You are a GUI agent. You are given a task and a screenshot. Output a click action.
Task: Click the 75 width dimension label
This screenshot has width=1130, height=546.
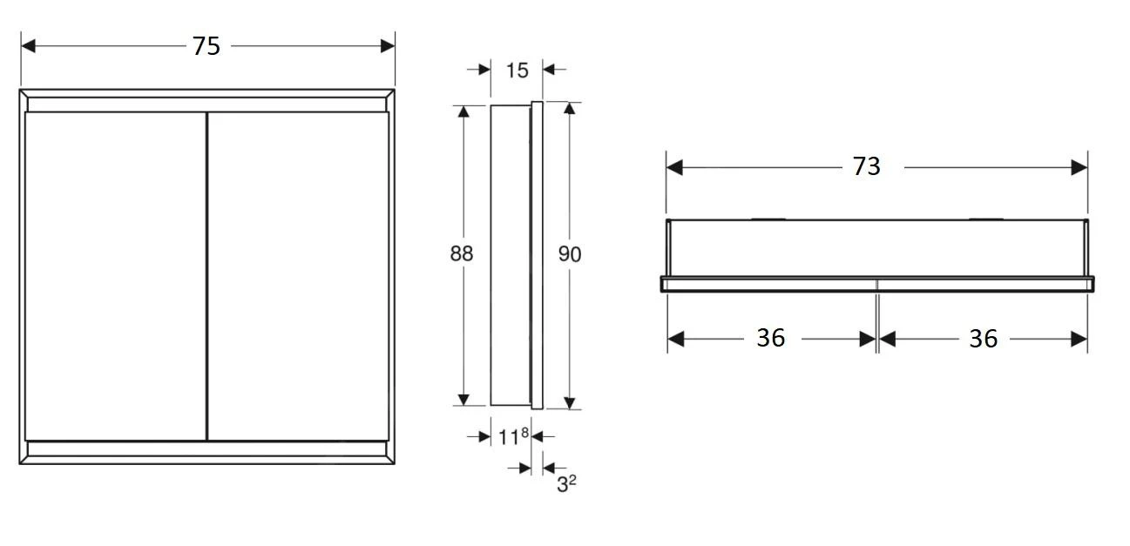pos(206,46)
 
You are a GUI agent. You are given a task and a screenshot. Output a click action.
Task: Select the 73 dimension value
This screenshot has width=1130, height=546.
pos(866,166)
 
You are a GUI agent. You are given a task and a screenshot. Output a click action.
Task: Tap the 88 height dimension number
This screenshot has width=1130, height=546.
pos(462,253)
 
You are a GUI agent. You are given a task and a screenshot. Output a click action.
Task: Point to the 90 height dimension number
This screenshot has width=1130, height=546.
pos(570,254)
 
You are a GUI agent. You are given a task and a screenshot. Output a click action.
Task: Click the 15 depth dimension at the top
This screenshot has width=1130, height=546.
pos(517,70)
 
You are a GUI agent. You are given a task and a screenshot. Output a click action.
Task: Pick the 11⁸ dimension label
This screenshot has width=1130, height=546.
pos(513,436)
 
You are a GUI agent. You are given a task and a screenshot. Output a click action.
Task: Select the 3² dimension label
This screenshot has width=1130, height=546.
pos(566,483)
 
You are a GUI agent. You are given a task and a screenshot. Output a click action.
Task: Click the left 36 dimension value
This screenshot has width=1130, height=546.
pos(770,338)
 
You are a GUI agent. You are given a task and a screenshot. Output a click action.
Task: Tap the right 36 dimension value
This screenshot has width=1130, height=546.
pos(983,339)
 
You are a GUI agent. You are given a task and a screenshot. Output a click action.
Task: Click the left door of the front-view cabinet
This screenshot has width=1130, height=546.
pos(115,275)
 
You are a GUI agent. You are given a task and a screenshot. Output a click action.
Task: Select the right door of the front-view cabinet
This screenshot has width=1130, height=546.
pos(298,275)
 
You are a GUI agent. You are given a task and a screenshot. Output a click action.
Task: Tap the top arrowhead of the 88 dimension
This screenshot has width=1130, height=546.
pos(464,111)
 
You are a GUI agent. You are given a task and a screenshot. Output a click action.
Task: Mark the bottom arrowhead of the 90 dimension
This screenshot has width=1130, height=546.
pos(570,401)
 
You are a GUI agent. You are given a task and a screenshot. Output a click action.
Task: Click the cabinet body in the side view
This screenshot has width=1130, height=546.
pos(510,254)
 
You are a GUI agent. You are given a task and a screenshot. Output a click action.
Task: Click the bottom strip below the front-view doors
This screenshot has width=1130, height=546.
pos(206,449)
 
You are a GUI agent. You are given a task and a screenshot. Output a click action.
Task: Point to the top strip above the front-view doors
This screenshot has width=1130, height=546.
pos(206,104)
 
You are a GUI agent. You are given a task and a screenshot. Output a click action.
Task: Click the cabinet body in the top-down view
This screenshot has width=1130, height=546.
pos(876,248)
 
